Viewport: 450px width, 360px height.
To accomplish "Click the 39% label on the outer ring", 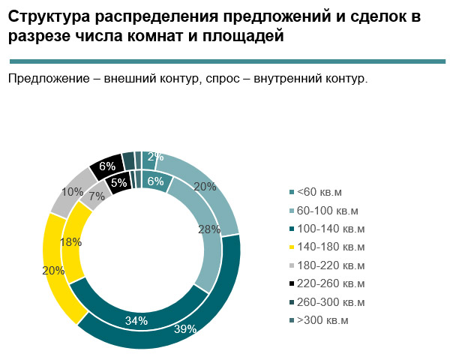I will (x=185, y=328).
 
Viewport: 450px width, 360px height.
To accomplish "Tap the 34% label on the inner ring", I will (x=136, y=320).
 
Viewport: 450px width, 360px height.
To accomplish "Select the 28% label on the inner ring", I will (x=209, y=229).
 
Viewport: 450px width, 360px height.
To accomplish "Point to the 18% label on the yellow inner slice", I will (x=70, y=242).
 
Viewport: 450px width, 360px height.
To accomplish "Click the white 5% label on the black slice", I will (x=118, y=181).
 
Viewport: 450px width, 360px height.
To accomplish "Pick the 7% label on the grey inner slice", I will (x=96, y=197).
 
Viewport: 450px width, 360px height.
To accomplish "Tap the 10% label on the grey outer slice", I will (x=72, y=191).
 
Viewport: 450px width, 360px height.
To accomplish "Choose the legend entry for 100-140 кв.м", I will (x=331, y=229).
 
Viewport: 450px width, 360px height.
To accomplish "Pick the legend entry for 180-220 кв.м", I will (x=331, y=265).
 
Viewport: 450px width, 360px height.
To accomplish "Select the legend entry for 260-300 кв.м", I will (x=331, y=302).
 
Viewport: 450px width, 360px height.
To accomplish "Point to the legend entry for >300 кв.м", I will (x=323, y=320).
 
